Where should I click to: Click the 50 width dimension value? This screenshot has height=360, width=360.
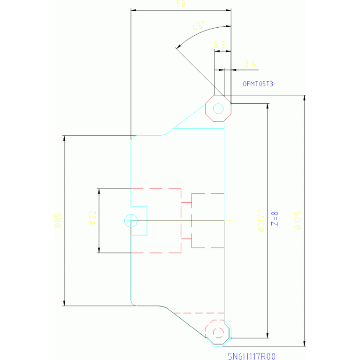(x=181, y=4)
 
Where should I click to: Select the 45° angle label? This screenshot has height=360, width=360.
(x=199, y=27)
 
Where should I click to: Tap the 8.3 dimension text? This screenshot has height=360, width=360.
(x=219, y=45)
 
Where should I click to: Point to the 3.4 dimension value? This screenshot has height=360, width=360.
(x=250, y=63)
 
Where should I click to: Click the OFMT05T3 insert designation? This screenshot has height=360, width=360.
(x=258, y=84)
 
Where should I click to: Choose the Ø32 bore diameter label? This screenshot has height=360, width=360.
(x=92, y=218)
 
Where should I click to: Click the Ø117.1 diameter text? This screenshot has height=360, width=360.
(x=261, y=220)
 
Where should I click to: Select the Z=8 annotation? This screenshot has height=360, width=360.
(x=275, y=219)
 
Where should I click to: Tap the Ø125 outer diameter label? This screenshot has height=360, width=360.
(x=298, y=220)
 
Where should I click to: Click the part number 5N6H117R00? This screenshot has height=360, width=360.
(x=251, y=356)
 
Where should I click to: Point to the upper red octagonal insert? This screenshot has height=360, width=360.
(x=218, y=108)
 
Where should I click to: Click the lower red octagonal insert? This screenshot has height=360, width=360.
(x=218, y=332)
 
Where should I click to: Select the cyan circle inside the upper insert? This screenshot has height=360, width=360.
(x=218, y=108)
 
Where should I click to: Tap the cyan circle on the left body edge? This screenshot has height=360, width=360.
(x=130, y=220)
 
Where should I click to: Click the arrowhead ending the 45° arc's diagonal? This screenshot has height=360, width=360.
(x=178, y=47)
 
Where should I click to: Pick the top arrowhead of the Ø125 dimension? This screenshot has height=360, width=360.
(x=305, y=98)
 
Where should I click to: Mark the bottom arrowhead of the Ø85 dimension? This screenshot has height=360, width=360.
(x=64, y=303)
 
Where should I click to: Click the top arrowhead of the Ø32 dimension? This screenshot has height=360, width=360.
(x=99, y=191)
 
